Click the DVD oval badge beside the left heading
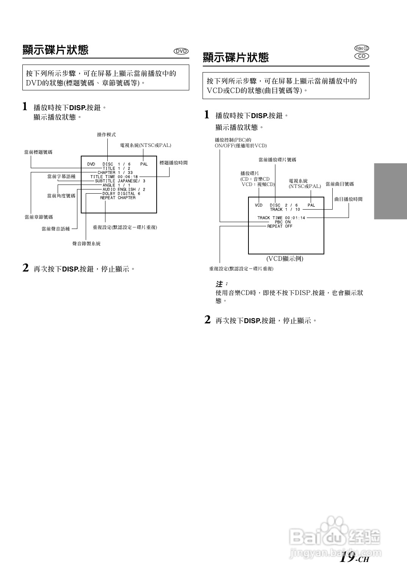click(181, 51)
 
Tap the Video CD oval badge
click(361, 48)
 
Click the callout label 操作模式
click(107, 135)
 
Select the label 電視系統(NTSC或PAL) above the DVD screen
click(146, 145)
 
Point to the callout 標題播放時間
click(173, 163)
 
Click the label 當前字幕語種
click(61, 177)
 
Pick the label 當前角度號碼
click(61, 196)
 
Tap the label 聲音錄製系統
click(86, 244)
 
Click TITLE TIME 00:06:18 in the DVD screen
click(114, 177)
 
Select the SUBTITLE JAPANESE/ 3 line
click(120, 181)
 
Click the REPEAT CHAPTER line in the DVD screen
click(118, 198)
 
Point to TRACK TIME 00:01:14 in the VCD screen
click(281, 218)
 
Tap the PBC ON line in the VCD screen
click(283, 222)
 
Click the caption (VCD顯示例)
click(284, 259)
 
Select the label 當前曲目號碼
click(339, 184)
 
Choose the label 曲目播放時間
click(348, 199)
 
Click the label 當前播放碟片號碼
click(277, 160)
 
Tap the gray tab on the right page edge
click(390, 191)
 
